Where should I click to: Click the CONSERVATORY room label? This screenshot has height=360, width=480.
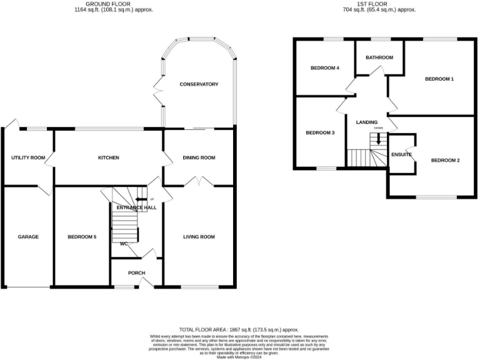[x=199, y=84]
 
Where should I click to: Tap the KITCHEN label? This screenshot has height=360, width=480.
[x=108, y=157]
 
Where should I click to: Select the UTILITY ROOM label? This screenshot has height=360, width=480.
[x=28, y=157]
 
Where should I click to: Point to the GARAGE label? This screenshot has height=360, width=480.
[x=28, y=237]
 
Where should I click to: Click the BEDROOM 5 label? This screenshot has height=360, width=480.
[x=82, y=237]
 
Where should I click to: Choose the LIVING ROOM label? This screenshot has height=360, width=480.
[x=199, y=237]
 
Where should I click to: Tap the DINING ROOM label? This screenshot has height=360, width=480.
[x=199, y=157]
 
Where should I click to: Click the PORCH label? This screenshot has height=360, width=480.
[x=136, y=272]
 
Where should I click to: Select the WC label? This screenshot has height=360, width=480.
[x=124, y=244]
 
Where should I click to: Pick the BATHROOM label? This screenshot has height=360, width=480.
[x=379, y=57]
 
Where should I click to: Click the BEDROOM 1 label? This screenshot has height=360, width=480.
[x=439, y=79]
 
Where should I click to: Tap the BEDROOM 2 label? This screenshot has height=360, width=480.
[x=445, y=161]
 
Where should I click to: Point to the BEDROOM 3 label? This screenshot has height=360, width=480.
[x=320, y=132]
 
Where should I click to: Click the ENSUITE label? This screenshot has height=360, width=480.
[x=401, y=154]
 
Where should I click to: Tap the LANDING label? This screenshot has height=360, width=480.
[x=367, y=122]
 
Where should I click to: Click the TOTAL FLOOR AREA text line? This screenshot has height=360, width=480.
[x=239, y=329]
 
